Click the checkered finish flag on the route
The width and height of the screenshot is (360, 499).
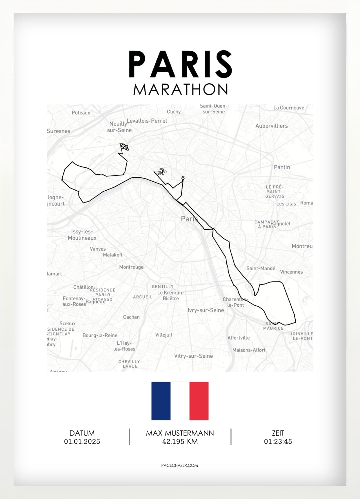click(x=124, y=147)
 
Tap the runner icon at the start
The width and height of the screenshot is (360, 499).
click(x=160, y=172)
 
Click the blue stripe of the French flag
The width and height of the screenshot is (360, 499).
click(x=161, y=401)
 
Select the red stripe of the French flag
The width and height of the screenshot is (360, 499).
click(x=199, y=401)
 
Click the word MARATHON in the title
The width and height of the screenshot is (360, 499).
click(x=180, y=89)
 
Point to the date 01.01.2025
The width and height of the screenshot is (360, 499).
click(x=82, y=442)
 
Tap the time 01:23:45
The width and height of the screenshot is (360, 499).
click(x=278, y=442)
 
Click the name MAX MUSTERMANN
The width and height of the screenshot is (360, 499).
click(x=180, y=433)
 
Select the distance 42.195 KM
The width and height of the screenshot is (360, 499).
click(x=180, y=442)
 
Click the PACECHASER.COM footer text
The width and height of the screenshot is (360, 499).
click(x=180, y=465)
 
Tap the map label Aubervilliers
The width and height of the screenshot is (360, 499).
click(x=271, y=126)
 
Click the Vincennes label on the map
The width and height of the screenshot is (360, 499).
click(x=291, y=272)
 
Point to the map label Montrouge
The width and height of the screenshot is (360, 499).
click(x=131, y=267)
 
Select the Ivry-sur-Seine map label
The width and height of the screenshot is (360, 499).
click(x=206, y=310)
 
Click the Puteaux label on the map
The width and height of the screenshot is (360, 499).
click(x=81, y=113)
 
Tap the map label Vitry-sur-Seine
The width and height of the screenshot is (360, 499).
click(x=193, y=356)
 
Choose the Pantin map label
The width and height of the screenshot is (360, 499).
click(x=282, y=167)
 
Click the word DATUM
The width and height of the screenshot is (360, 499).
click(x=82, y=433)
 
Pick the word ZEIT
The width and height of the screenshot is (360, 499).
click(x=278, y=433)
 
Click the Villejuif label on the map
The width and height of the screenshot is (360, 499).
click(x=163, y=335)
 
